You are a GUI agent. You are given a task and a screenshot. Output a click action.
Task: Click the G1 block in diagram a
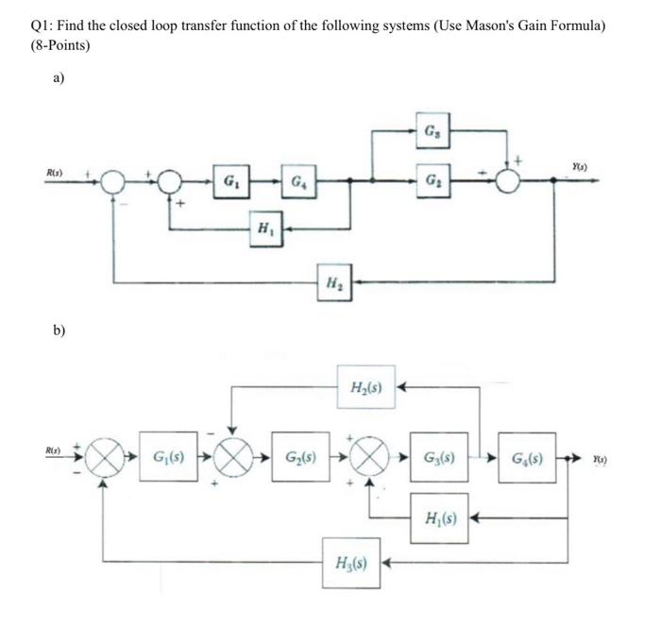pos(230,179)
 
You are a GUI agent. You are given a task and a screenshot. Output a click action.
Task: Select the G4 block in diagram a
pos(297,179)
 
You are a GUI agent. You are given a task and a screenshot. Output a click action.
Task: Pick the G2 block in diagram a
pos(432,179)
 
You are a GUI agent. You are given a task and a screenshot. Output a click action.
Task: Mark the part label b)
pos(59,331)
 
